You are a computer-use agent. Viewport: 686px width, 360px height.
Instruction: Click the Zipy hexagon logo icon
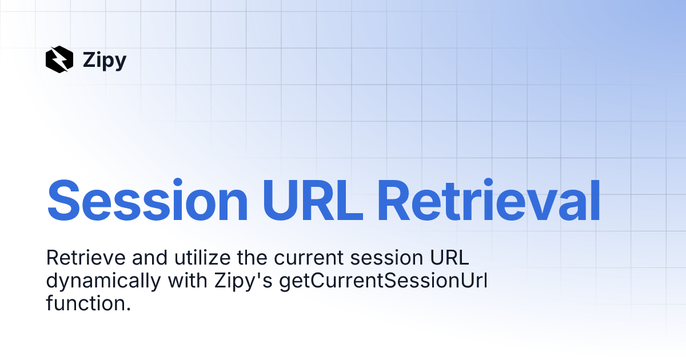59,59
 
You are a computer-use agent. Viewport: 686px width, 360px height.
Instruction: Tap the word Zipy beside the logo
105,61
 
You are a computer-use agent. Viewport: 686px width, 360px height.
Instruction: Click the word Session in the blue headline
147,200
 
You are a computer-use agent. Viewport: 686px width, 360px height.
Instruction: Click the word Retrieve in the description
86,258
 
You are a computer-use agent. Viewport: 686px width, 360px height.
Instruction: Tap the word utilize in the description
202,258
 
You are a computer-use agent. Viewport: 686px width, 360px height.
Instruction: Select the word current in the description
308,259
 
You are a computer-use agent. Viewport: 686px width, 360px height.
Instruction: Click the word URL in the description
449,258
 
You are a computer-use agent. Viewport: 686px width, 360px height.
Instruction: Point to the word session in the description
386,258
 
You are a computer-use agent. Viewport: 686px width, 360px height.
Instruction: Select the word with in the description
188,281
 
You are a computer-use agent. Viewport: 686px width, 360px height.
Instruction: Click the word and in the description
150,258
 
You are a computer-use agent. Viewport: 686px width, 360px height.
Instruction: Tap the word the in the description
252,258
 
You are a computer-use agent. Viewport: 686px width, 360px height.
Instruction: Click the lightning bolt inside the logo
59,59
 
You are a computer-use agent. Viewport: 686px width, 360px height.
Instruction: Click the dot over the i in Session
178,182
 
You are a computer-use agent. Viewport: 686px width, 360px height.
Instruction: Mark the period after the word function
128,309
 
